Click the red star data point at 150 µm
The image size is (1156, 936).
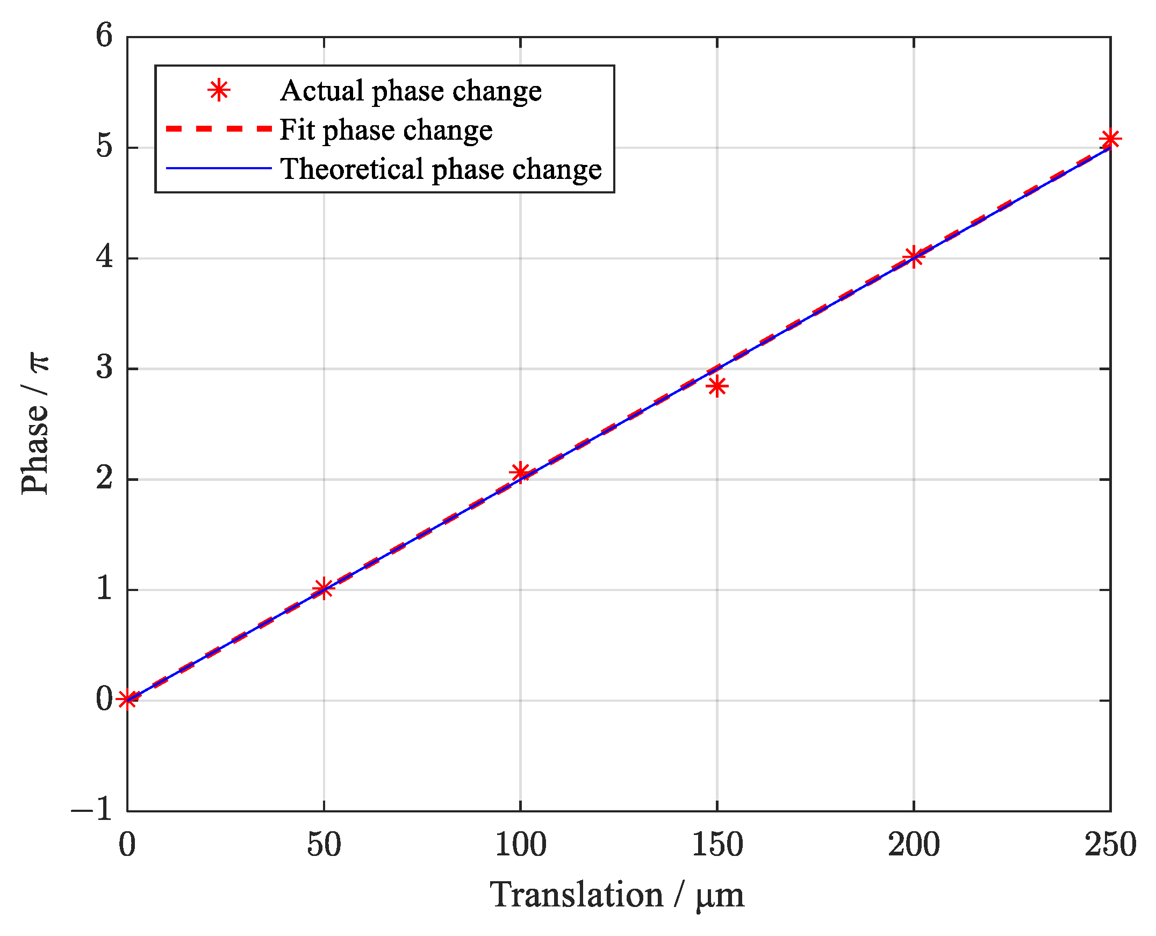point(716,386)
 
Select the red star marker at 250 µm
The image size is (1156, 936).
point(1110,139)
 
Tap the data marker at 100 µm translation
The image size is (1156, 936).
point(520,472)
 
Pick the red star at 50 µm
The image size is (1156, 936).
point(323,588)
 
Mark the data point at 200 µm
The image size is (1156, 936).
point(913,256)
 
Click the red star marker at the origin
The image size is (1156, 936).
point(127,700)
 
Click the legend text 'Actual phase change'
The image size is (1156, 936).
point(410,91)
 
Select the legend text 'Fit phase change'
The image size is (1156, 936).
point(385,130)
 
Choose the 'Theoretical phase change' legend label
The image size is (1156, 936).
point(441,169)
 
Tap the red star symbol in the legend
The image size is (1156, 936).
point(219,91)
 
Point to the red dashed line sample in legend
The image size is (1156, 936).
point(219,129)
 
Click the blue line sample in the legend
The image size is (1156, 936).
point(219,168)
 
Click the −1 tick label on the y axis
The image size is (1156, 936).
point(92,809)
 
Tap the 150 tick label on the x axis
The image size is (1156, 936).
point(716,845)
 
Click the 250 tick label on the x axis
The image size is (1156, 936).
point(1110,845)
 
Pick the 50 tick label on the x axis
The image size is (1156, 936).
point(324,845)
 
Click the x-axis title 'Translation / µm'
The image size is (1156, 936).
point(617,896)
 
